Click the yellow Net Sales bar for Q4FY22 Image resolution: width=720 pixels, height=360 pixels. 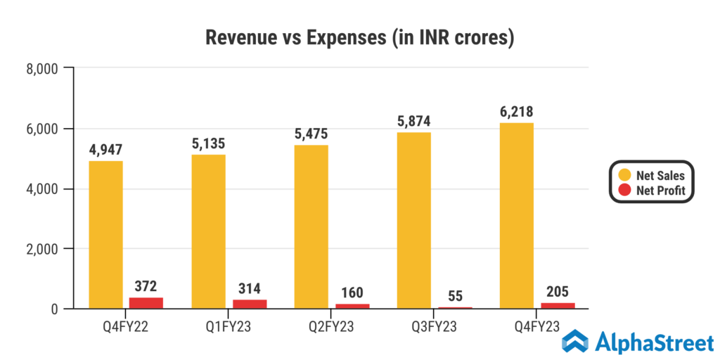(x=105, y=235)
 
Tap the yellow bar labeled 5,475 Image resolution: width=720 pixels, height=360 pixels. (x=311, y=226)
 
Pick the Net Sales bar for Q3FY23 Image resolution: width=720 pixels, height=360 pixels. (x=413, y=220)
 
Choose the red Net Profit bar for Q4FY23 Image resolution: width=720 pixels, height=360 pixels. (x=557, y=305)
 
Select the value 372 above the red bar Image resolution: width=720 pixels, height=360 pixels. (x=146, y=286)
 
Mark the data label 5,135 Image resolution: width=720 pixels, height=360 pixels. (x=208, y=143)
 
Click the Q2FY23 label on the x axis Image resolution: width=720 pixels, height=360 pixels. (x=332, y=327)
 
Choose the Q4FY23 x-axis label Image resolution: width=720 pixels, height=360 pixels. (x=537, y=327)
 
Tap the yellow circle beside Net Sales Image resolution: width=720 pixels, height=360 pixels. (x=622, y=176)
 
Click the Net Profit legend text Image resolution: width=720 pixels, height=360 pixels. (x=660, y=191)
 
